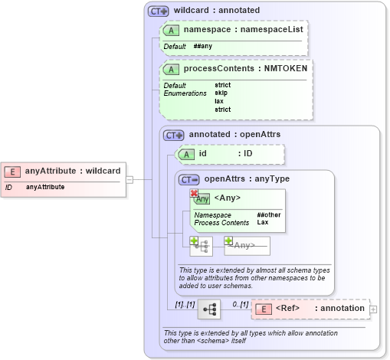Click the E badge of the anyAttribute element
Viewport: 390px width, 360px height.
click(x=13, y=171)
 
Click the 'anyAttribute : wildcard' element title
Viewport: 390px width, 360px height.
click(x=73, y=171)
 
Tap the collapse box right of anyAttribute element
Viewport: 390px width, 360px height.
click(x=129, y=180)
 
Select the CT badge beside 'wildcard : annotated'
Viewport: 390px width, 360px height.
click(x=158, y=11)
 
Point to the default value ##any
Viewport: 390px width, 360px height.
click(x=203, y=46)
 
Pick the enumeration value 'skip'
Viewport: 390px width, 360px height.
click(x=221, y=93)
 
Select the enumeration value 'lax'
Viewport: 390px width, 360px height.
click(x=219, y=101)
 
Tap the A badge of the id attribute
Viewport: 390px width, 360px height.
click(x=186, y=154)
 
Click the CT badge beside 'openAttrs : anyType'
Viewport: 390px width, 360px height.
click(x=188, y=179)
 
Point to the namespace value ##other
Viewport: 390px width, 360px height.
click(x=268, y=215)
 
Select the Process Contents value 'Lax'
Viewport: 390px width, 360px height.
click(x=263, y=223)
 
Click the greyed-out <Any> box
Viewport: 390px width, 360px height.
click(x=246, y=245)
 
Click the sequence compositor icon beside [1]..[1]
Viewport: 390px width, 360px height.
click(x=208, y=309)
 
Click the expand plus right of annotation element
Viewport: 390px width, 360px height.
click(x=373, y=309)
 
